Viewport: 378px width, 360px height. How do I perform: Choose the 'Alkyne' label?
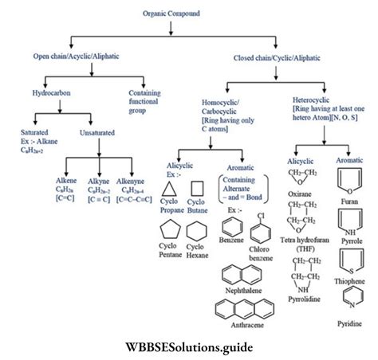pos(98,182)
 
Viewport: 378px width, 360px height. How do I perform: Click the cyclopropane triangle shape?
pos(169,189)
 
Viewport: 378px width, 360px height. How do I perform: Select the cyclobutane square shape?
pos(196,189)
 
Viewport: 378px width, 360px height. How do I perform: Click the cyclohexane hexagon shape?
pos(197,231)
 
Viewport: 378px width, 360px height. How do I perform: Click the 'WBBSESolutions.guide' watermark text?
pos(187,347)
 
